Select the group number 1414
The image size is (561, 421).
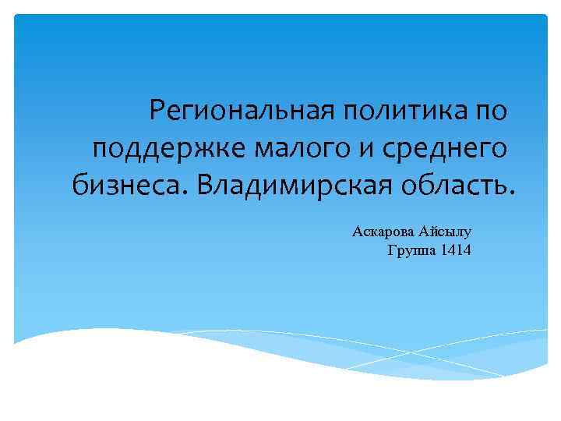(x=456, y=250)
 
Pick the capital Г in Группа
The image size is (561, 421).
(x=391, y=250)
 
